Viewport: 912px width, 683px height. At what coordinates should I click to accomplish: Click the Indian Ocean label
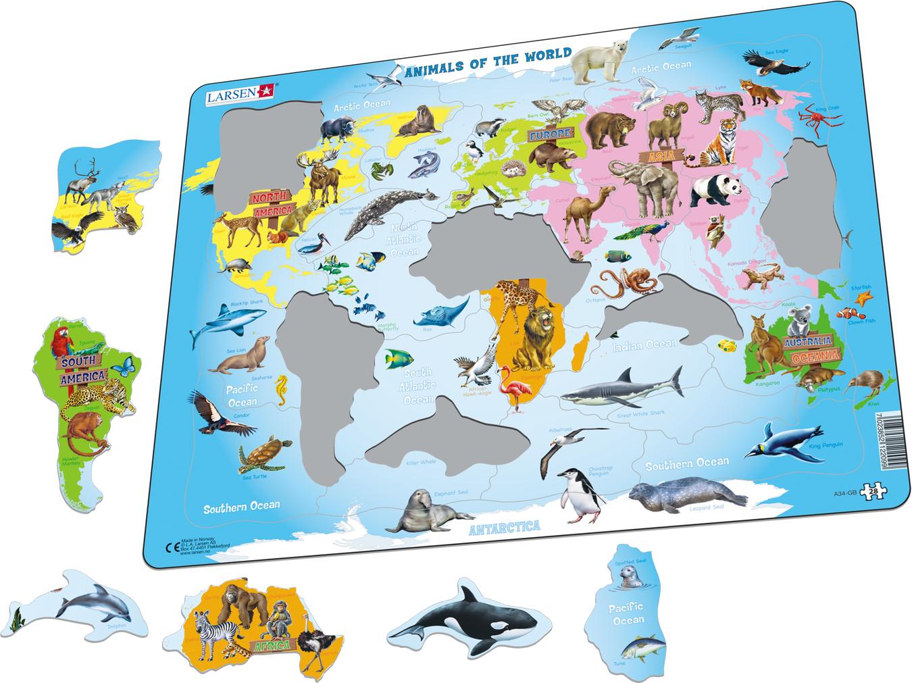[644, 345]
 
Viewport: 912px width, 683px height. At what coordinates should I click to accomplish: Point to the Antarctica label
[506, 526]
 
